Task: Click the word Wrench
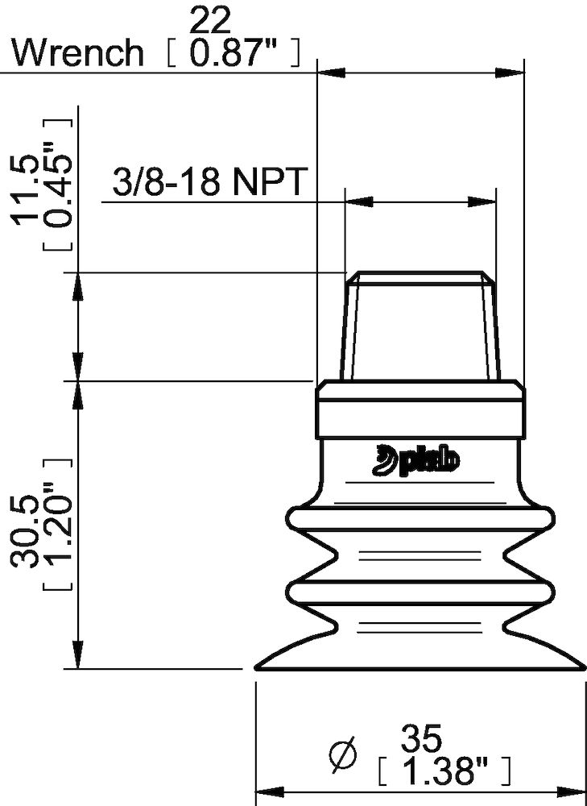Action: (78, 53)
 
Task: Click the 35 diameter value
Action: (420, 737)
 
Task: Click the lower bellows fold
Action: (420, 592)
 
